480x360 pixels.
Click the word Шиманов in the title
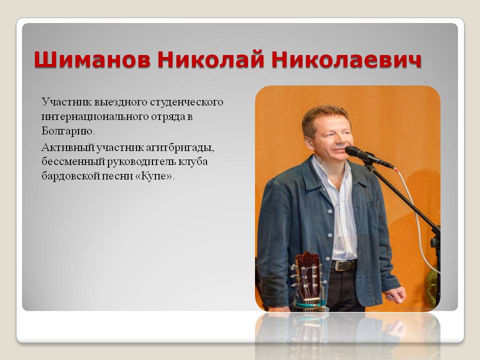(92, 59)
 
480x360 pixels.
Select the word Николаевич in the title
(346, 59)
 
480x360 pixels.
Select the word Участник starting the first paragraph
(66, 102)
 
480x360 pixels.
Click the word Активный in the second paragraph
(67, 147)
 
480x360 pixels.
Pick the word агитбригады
(180, 148)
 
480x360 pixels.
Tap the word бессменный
(73, 161)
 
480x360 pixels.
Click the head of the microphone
(355, 152)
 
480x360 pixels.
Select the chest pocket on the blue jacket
(373, 214)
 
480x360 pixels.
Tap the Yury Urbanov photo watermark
(417, 309)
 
